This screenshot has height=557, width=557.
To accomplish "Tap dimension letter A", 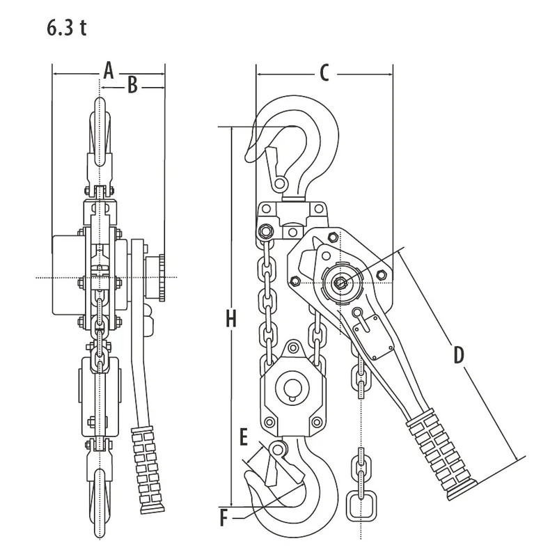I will [108, 70].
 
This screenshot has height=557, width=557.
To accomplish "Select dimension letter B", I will [134, 86].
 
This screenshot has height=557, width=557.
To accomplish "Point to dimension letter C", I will [324, 72].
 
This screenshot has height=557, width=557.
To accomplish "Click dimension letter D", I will [458, 354].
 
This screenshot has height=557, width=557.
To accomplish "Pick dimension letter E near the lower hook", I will [243, 437].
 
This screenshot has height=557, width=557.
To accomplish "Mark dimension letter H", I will [232, 319].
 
